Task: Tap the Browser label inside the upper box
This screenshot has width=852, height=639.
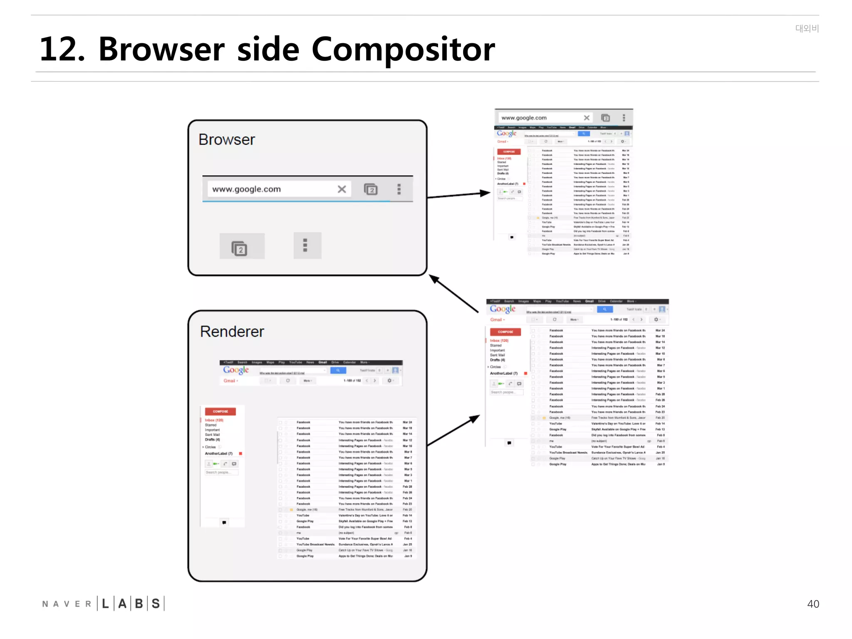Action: point(227,140)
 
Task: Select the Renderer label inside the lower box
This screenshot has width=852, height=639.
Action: point(232,332)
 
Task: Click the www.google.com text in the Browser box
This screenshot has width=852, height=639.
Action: point(247,189)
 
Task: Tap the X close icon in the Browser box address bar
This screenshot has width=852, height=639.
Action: point(342,189)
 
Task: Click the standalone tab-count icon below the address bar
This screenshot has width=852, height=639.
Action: point(240,248)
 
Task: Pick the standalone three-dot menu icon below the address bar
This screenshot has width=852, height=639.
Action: point(305,245)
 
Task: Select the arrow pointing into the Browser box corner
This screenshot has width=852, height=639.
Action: point(453,293)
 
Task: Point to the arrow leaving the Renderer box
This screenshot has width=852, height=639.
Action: point(453,431)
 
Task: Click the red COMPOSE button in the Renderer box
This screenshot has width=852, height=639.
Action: point(220,411)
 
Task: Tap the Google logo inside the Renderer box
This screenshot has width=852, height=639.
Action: point(236,370)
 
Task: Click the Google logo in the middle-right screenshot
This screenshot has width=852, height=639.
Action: point(503,309)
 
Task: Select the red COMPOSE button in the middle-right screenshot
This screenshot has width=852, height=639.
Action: point(505,332)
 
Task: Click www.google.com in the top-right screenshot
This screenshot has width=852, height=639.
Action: point(524,118)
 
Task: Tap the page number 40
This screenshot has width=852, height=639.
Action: point(813,604)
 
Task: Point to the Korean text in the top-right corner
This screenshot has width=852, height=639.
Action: point(807,28)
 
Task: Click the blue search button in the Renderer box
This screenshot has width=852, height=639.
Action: point(338,370)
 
